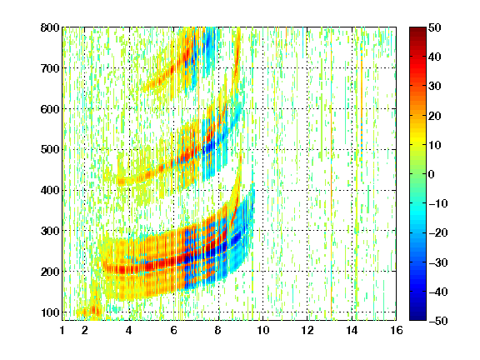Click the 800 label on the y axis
[50, 27]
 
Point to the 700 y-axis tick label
[50, 68]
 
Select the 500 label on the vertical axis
[50, 150]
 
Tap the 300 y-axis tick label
[50, 231]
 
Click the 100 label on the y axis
[50, 312]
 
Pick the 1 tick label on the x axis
[62, 330]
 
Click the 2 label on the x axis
[85, 330]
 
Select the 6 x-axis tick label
[174, 330]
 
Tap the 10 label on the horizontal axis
[263, 330]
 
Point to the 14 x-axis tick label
[352, 330]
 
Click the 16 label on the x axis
[397, 330]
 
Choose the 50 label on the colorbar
[434, 27]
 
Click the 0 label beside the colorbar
[432, 174]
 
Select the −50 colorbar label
[438, 321]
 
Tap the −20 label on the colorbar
[438, 233]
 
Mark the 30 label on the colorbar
[434, 87]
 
